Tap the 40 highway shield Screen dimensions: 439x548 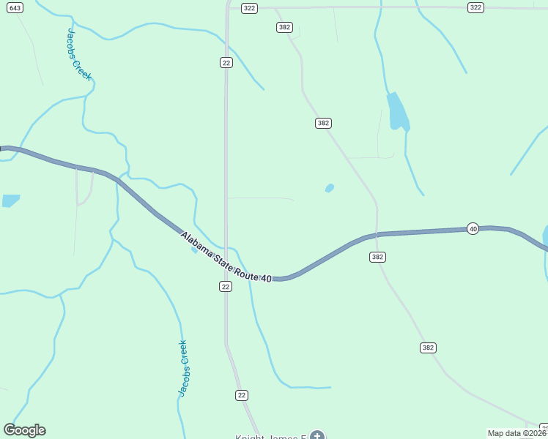473,229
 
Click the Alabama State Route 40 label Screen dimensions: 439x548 226,255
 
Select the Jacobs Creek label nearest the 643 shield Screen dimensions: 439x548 79,54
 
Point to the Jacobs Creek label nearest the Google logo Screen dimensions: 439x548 184,369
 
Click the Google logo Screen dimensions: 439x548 24,430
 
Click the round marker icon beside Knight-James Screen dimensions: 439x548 316,436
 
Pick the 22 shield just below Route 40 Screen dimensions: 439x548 226,287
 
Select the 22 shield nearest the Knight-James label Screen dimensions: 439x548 242,395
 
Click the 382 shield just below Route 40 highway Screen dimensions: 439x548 377,257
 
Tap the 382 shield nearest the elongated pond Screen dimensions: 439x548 323,123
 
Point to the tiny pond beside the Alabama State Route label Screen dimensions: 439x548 193,249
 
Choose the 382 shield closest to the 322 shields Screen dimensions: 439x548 285,27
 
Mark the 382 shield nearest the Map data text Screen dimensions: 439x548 429,348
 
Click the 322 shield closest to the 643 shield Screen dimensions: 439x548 250,8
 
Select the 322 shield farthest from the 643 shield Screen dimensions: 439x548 476,7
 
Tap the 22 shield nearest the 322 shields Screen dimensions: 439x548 226,63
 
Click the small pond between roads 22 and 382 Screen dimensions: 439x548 330,188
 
